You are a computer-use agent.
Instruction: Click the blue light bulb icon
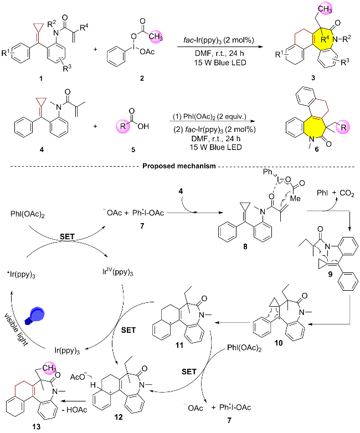(35, 315)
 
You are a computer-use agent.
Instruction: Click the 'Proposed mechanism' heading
(179, 166)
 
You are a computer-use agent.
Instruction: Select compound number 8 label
(245, 246)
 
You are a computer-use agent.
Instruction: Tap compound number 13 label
(36, 427)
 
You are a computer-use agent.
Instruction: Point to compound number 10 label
(279, 343)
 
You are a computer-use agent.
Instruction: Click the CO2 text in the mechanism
(347, 193)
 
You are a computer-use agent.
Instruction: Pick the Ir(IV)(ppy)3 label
(117, 272)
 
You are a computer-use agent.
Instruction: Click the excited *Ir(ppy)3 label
(21, 275)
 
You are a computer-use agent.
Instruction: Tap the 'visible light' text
(17, 330)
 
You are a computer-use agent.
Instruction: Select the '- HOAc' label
(75, 410)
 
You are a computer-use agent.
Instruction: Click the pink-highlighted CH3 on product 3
(325, 9)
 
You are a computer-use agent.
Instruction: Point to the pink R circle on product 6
(343, 127)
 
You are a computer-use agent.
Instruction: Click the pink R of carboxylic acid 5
(122, 126)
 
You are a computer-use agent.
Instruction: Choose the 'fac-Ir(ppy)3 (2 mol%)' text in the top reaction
(218, 40)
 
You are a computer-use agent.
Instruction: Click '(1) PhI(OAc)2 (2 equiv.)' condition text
(209, 116)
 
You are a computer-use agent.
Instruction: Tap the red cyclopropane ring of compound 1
(38, 28)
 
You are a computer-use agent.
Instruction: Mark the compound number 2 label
(142, 79)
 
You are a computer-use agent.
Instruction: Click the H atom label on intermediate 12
(94, 385)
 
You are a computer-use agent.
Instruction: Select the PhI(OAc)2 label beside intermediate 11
(244, 348)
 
